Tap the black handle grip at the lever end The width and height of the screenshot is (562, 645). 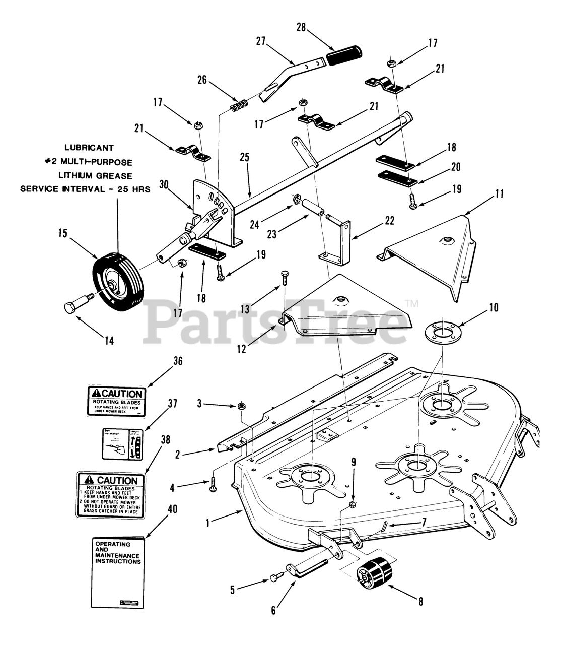pos(345,54)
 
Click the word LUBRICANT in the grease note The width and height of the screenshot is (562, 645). pos(89,148)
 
